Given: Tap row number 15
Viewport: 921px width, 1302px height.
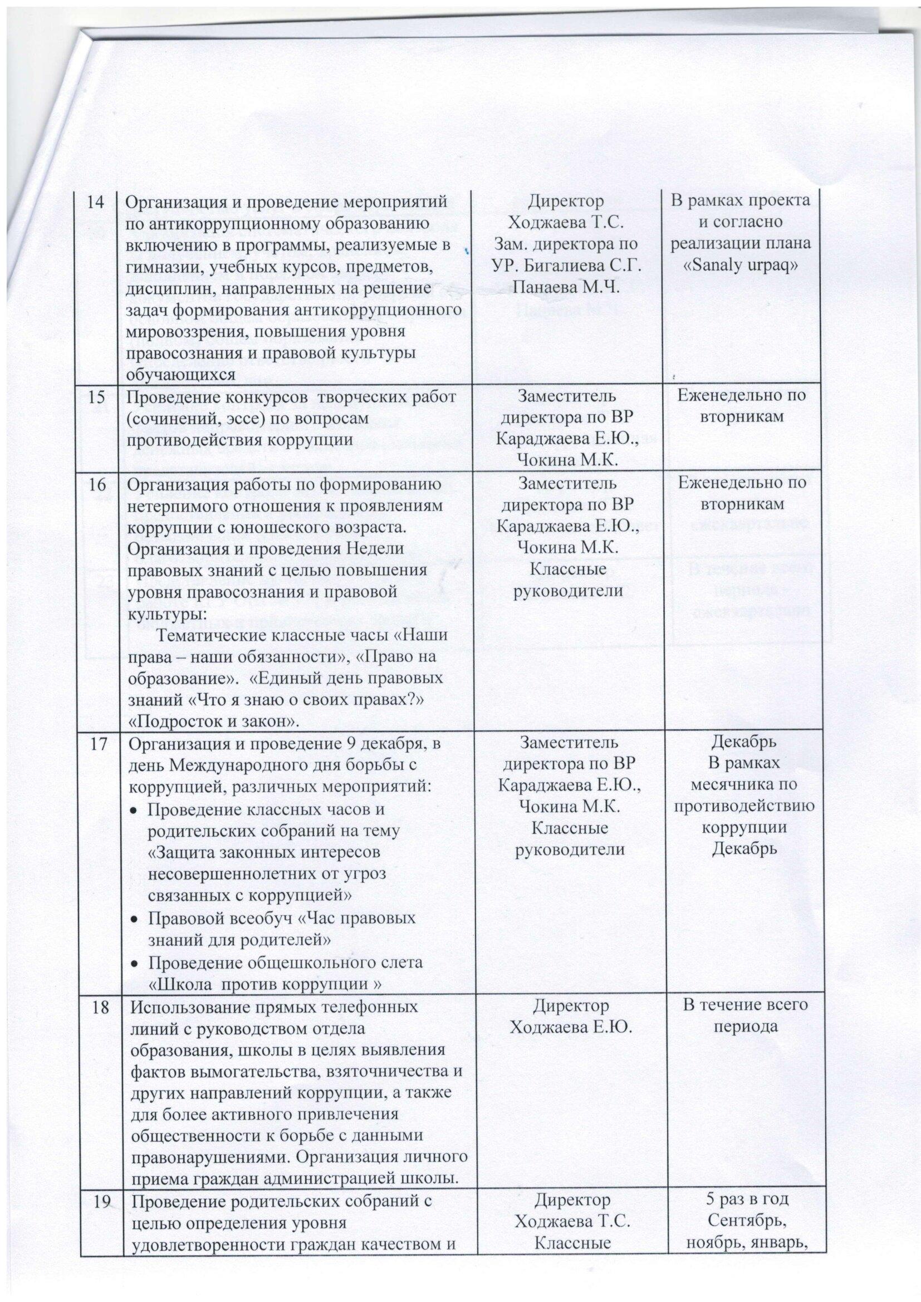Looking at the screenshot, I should tap(99, 399).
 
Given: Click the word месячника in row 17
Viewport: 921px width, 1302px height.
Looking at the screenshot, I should tap(743, 786).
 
